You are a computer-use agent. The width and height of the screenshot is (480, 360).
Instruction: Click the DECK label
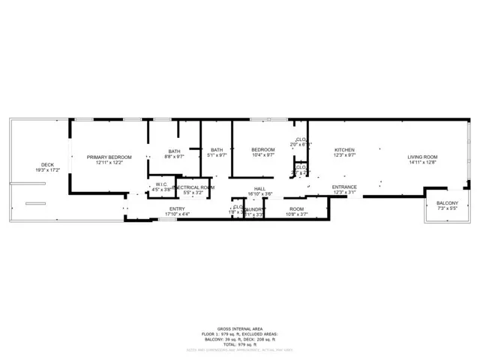(x=47, y=164)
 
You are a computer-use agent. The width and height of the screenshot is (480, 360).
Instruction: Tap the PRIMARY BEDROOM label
(x=109, y=157)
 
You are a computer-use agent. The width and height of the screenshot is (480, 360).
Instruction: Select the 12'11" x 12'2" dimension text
(x=109, y=163)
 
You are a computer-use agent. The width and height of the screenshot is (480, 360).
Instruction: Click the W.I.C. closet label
(x=160, y=184)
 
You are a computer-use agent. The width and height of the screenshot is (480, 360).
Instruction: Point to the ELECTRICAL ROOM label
(x=193, y=187)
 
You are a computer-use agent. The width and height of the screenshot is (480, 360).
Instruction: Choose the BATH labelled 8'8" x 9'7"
(x=174, y=151)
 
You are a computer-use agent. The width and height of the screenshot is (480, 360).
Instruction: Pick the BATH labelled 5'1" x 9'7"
(x=217, y=150)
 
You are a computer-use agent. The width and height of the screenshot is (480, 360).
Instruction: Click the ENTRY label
(x=177, y=208)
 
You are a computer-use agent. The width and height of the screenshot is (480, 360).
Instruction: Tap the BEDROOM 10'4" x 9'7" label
(x=262, y=150)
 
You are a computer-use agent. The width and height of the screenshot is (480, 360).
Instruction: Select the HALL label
(x=259, y=188)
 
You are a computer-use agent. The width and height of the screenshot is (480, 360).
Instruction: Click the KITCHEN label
(x=344, y=150)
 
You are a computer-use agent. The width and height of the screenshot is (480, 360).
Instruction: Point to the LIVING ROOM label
(x=423, y=157)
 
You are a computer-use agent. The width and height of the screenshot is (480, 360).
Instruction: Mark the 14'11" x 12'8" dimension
(x=423, y=163)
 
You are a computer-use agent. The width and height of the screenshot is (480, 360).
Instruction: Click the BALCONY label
(x=447, y=202)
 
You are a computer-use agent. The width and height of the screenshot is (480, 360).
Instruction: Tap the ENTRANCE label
(x=344, y=187)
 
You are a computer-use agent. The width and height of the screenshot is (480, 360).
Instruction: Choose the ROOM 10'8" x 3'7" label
(x=297, y=208)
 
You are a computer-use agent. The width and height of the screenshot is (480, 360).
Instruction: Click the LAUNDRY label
(x=255, y=209)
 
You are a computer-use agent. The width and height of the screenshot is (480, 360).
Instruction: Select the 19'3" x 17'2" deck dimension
(x=47, y=170)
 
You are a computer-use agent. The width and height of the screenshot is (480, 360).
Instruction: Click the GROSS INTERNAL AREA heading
(x=239, y=328)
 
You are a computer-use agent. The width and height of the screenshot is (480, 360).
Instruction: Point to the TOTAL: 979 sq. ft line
(x=239, y=343)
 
